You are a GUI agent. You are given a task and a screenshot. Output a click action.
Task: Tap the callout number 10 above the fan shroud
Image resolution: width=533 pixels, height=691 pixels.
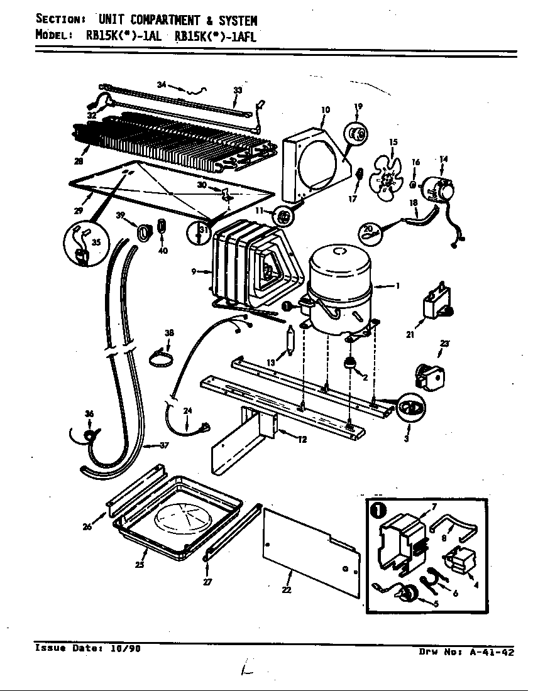click(x=325, y=110)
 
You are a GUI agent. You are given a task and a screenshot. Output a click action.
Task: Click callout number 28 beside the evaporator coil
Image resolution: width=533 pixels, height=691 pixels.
click(x=78, y=161)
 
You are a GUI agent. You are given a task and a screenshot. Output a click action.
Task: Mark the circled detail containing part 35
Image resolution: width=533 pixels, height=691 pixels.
click(x=86, y=246)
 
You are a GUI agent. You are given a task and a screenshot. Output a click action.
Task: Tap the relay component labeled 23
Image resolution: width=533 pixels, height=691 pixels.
click(x=427, y=374)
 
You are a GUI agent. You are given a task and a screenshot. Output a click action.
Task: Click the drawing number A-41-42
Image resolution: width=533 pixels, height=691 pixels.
click(x=492, y=652)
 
